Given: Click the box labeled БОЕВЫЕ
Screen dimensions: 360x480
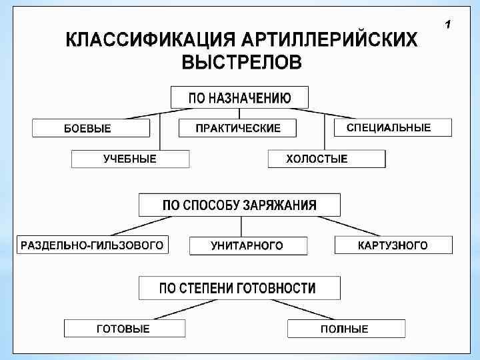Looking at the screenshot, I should pyautogui.click(x=91, y=128).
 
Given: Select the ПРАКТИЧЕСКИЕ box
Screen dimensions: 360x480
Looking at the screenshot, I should pyautogui.click(x=237, y=128).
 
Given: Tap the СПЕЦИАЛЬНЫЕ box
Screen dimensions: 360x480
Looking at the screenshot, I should pyautogui.click(x=389, y=127).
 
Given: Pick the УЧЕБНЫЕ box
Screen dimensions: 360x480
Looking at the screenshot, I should pyautogui.click(x=130, y=159).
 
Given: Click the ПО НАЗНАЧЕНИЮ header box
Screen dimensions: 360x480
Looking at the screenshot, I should pyautogui.click(x=239, y=97).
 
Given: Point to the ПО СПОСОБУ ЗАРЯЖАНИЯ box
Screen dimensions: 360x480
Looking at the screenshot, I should pyautogui.click(x=239, y=205).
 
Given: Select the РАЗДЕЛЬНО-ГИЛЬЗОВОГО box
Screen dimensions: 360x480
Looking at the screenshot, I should pyautogui.click(x=92, y=245).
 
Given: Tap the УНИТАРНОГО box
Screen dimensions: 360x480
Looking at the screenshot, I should pyautogui.click(x=247, y=245).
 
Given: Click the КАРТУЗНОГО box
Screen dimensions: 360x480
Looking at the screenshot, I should pyautogui.click(x=393, y=245).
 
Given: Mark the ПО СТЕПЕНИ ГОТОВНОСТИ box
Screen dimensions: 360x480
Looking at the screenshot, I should pyautogui.click(x=239, y=288).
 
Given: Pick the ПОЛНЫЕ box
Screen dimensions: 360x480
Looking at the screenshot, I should pyautogui.click(x=345, y=329).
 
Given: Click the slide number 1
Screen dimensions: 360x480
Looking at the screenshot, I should pyautogui.click(x=448, y=25).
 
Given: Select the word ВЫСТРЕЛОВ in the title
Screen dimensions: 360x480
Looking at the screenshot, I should pyautogui.click(x=241, y=63).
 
